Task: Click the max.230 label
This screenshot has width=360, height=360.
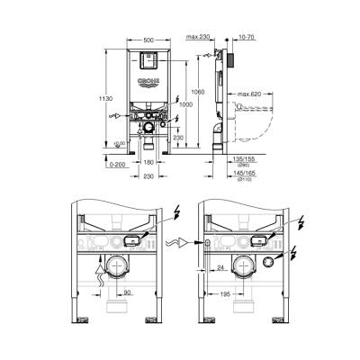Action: click(199, 36)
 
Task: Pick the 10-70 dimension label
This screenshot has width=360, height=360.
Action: click(248, 36)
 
